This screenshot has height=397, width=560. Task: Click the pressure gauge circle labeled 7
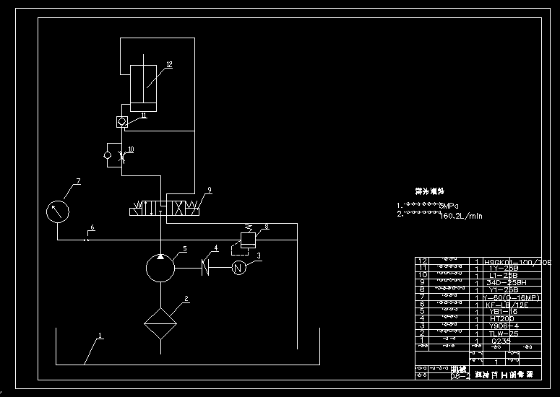(58, 212)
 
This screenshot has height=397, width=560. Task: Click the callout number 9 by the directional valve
(209, 190)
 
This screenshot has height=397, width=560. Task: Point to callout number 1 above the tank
(100, 336)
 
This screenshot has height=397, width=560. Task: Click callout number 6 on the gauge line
(91, 228)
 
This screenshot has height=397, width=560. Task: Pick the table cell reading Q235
(500, 340)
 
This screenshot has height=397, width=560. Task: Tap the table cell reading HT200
(501, 318)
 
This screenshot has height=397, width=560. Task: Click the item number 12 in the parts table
(424, 261)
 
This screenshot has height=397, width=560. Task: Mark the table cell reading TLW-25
(503, 333)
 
